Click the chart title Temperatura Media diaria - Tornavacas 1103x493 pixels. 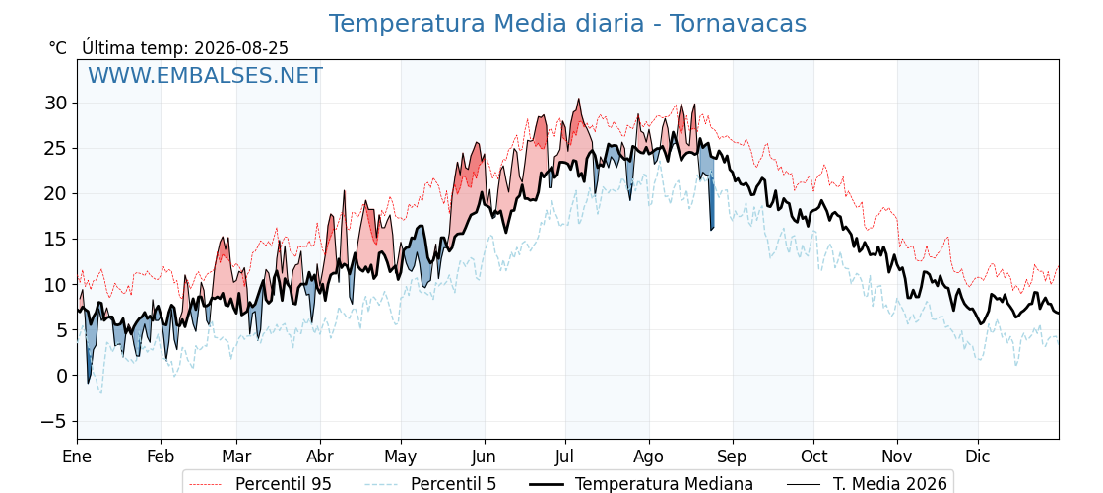pyautogui.click(x=567, y=24)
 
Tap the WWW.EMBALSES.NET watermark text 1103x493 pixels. pyautogui.click(x=206, y=75)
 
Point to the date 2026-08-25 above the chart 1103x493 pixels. pyautogui.click(x=241, y=48)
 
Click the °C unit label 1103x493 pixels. pyautogui.click(x=58, y=48)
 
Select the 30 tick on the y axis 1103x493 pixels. pyautogui.click(x=59, y=103)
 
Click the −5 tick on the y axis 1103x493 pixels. pyautogui.click(x=55, y=421)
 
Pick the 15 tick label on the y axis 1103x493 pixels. pyautogui.click(x=59, y=240)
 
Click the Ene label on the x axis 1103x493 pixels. pyautogui.click(x=77, y=457)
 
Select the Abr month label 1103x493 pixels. pyautogui.click(x=320, y=457)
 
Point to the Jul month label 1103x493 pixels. pyautogui.click(x=565, y=457)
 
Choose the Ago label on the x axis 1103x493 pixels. pyautogui.click(x=649, y=457)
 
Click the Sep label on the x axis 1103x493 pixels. pyautogui.click(x=733, y=457)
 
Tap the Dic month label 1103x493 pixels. pyautogui.click(x=978, y=457)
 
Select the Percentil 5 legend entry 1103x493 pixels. pyautogui.click(x=430, y=484)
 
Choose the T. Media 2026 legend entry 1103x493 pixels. pyautogui.click(x=867, y=484)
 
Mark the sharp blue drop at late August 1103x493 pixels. pyautogui.click(x=712, y=204)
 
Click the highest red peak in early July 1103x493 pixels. pyautogui.click(x=579, y=100)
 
